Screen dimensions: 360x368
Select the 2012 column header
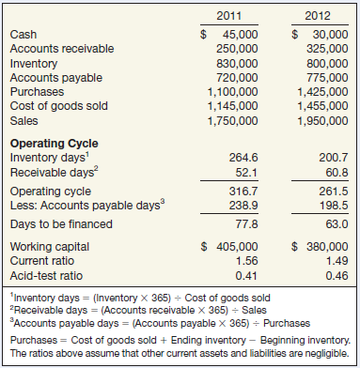(316, 16)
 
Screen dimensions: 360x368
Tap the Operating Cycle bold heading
(53, 144)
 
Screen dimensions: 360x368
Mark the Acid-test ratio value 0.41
(247, 275)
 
